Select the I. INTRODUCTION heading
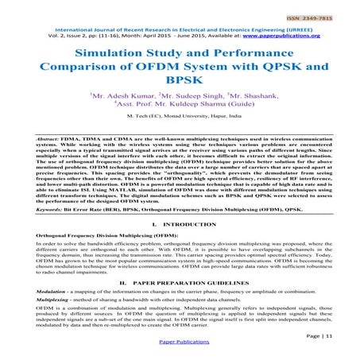(x=180, y=227)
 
